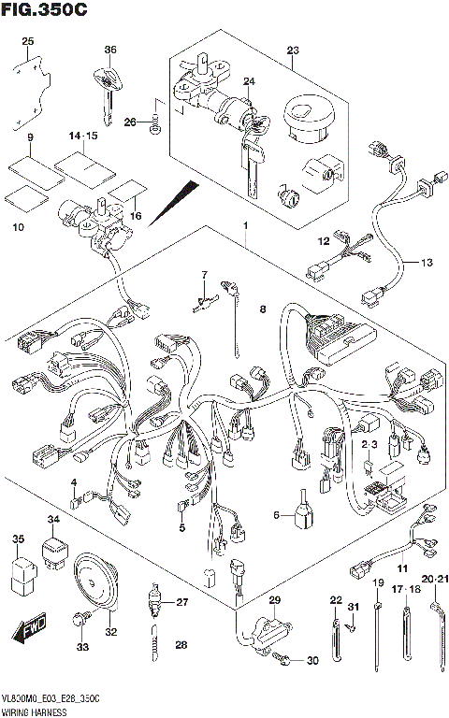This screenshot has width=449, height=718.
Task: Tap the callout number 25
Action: (27, 41)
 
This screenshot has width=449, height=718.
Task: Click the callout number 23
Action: (292, 50)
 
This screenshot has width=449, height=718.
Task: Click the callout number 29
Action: (274, 599)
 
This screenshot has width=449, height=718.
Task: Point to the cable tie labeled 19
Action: (379, 636)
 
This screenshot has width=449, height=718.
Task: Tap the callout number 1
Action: (245, 227)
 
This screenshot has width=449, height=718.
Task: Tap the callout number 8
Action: (263, 309)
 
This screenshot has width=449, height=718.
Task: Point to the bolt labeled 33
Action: (81, 618)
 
